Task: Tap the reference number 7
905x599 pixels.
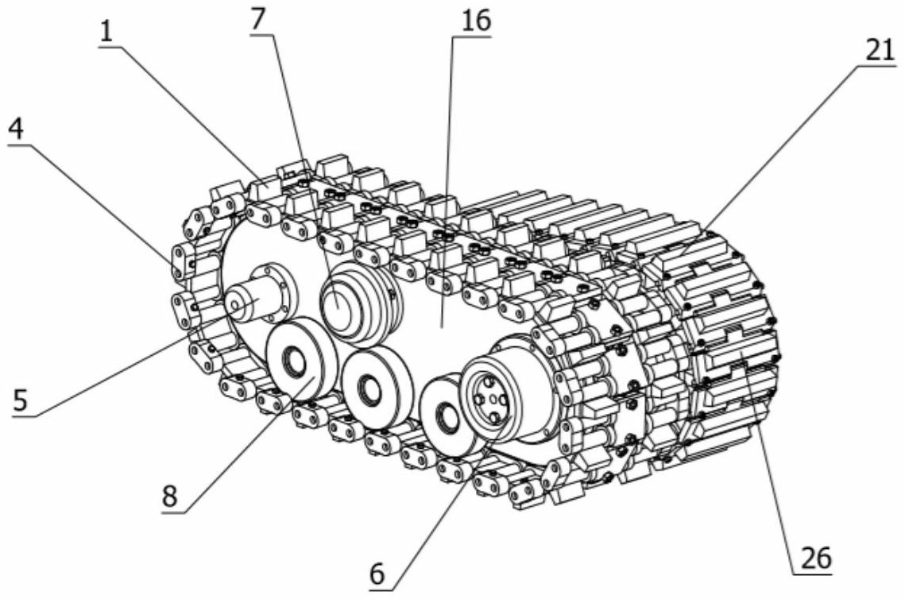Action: click(258, 20)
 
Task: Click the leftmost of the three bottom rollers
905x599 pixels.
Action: click(300, 361)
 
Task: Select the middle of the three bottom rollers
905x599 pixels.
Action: click(376, 388)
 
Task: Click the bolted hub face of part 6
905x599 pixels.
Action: click(487, 392)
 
